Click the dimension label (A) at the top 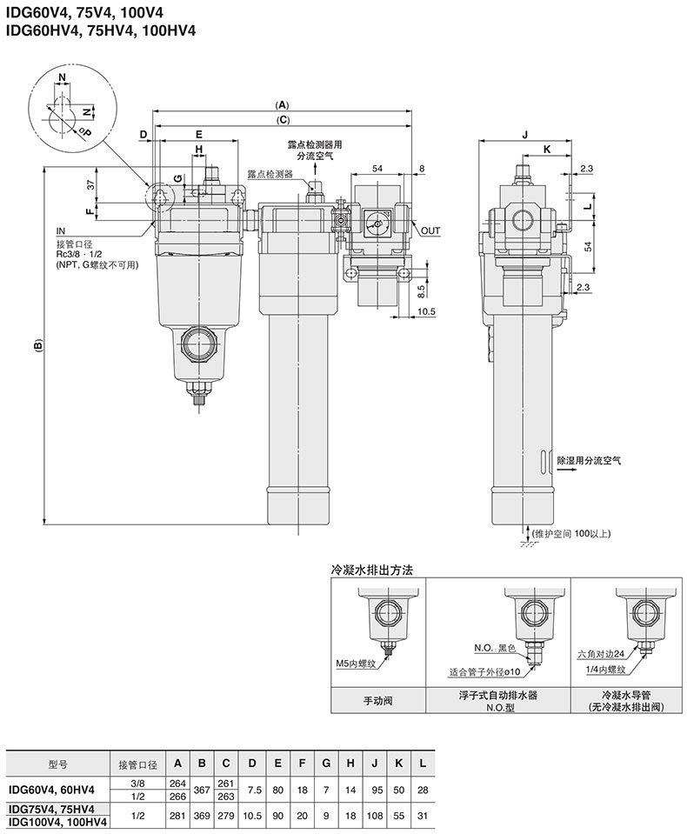(x=283, y=103)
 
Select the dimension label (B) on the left (x=37, y=347)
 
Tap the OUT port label (x=430, y=231)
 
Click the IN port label (x=61, y=231)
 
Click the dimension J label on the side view (x=525, y=134)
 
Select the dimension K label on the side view (x=546, y=150)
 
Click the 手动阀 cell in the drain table (x=378, y=699)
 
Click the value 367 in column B (x=202, y=789)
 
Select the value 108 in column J (x=374, y=815)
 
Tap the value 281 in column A (x=177, y=815)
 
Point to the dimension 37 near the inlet (x=90, y=184)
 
